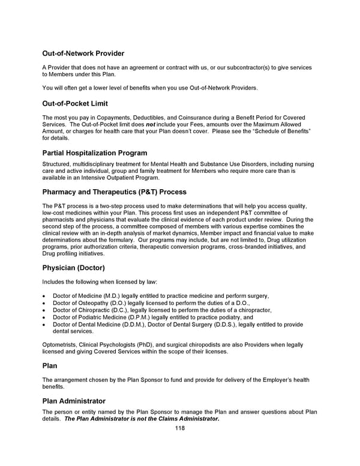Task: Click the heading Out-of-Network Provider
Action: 83,53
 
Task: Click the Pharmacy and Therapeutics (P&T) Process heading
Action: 115,192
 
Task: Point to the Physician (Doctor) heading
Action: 73,267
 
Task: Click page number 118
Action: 180,428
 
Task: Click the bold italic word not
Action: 153,123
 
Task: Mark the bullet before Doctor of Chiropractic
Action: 44,310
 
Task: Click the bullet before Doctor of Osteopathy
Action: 44,303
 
